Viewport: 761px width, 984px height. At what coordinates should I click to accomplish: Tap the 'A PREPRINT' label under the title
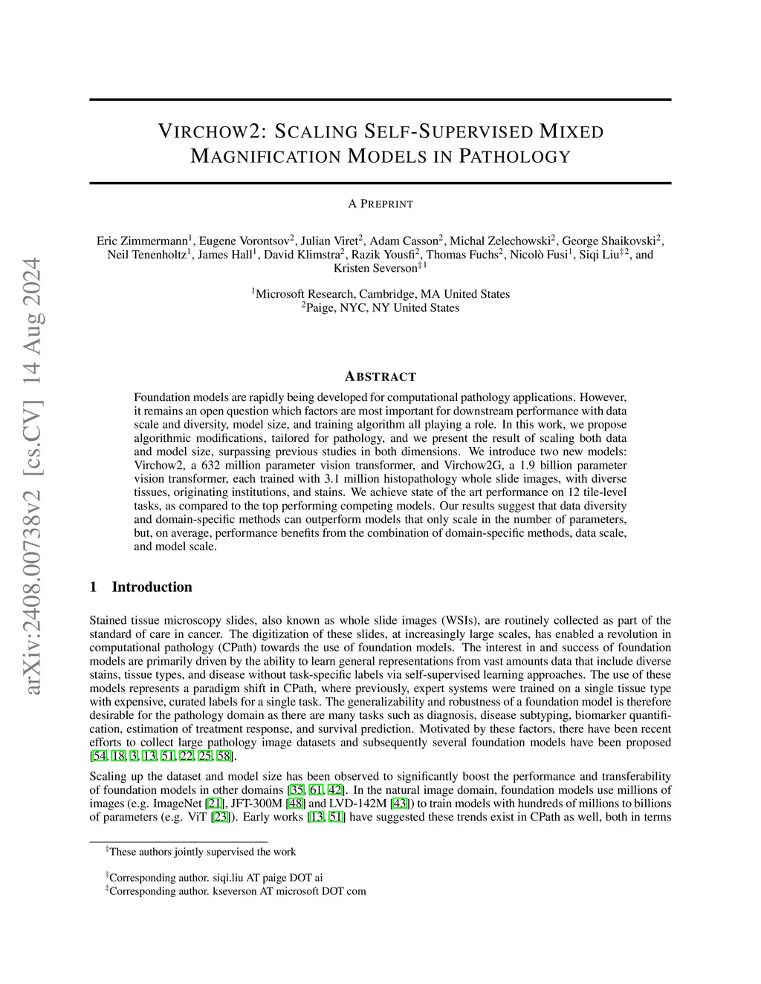(380, 203)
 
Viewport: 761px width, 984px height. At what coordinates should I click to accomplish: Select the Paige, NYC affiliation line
(380, 307)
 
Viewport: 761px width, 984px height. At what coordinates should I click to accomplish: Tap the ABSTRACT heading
(380, 377)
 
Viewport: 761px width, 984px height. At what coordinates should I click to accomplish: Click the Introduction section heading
(152, 587)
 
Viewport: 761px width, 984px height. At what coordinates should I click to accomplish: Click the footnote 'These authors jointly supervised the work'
(202, 852)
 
